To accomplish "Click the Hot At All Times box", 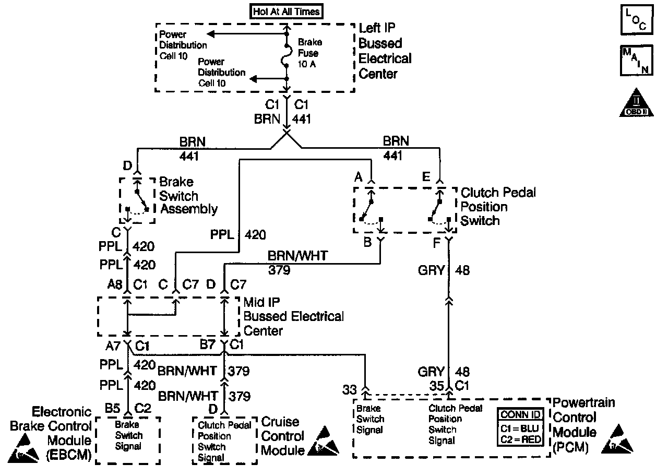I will tap(286, 11).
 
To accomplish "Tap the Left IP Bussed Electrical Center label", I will tap(385, 51).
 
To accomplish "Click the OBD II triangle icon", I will tap(636, 103).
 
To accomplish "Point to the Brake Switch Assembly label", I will tap(188, 196).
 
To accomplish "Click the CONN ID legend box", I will tap(522, 427).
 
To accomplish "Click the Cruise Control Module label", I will tap(282, 436).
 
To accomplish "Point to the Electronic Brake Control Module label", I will tap(51, 434).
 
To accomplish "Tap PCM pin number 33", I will tap(349, 389).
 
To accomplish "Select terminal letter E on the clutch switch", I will tap(426, 177).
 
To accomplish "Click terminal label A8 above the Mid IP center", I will tap(115, 285).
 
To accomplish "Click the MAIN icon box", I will tap(636, 61).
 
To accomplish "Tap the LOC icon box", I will tap(636, 20).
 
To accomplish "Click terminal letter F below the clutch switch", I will tap(436, 242).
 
